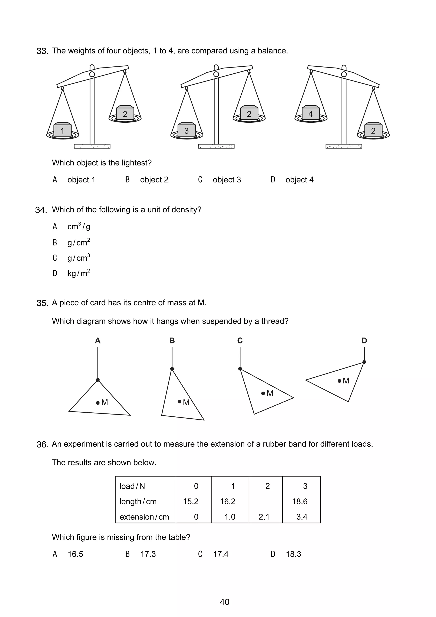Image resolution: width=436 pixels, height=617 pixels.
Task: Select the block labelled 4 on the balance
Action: point(311,113)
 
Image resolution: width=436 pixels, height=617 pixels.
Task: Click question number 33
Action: point(42,51)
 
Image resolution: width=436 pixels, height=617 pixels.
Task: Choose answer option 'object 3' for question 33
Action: point(227,180)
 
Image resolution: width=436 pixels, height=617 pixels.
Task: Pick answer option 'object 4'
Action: point(299,180)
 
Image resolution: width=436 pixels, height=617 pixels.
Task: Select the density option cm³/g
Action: point(79,227)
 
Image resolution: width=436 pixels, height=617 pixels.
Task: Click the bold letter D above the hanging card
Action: point(364,341)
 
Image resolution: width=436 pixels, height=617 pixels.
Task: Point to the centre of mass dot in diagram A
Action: point(98,403)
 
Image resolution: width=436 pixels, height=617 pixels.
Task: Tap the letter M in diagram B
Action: point(186,403)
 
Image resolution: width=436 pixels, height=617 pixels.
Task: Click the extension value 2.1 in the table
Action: point(264,517)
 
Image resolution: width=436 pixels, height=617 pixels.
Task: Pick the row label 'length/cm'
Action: point(138,501)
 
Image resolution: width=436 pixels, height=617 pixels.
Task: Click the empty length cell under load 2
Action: point(265,501)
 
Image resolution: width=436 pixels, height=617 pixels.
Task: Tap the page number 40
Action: point(224,602)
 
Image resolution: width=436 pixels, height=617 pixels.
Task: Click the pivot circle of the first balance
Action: point(92,74)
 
